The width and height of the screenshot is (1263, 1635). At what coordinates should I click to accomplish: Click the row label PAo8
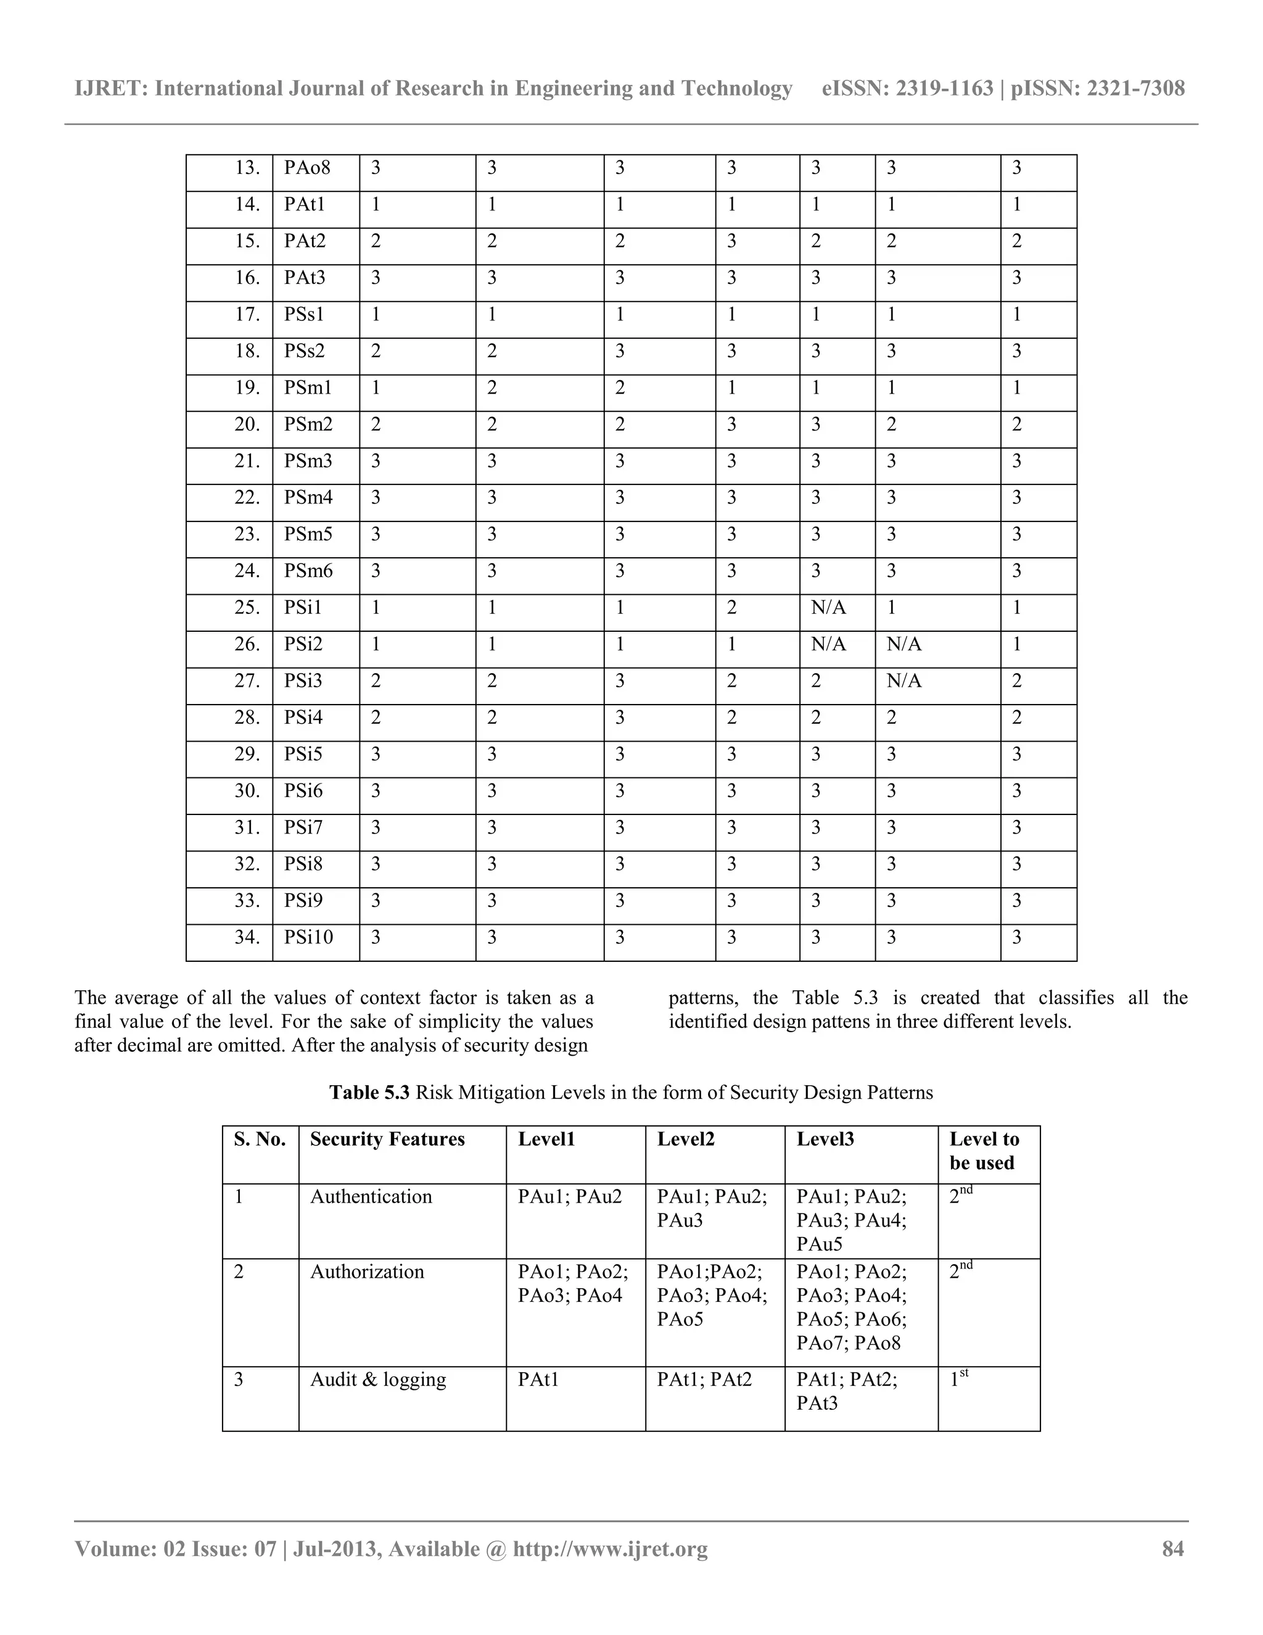[306, 168]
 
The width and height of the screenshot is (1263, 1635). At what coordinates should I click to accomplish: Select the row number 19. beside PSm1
[247, 388]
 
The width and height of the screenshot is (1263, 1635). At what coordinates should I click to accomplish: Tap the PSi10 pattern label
[308, 937]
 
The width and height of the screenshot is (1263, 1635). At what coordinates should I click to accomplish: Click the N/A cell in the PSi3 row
[904, 681]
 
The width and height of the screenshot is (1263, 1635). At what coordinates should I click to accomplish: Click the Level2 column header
[685, 1140]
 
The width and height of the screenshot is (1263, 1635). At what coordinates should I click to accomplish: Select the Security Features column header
[387, 1140]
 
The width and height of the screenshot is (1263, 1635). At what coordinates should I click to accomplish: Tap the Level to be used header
[984, 1151]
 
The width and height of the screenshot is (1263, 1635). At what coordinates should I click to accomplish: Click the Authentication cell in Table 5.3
[371, 1197]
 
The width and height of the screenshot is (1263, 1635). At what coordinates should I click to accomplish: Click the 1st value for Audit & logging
[958, 1378]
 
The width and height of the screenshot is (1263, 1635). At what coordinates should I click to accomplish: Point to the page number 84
[1172, 1549]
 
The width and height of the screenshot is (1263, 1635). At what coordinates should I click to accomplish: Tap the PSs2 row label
[305, 351]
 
